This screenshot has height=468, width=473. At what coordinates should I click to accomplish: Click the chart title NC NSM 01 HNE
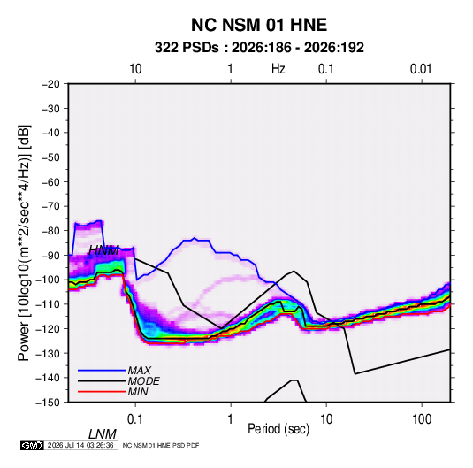pos(259,25)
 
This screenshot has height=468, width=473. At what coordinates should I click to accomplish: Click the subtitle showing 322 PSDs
pos(259,48)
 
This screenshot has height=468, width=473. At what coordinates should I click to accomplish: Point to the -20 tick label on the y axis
pos(51,84)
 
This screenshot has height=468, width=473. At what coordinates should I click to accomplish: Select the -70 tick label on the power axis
pos(51,206)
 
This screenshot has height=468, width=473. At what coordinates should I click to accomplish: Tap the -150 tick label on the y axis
pos(48,403)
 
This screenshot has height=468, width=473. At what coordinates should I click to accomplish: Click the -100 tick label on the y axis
pos(48,280)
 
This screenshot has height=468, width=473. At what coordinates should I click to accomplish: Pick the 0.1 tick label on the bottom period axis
pos(135,419)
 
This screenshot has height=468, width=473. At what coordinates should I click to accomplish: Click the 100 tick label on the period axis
pos(422,419)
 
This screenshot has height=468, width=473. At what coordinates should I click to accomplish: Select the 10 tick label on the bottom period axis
pos(326,419)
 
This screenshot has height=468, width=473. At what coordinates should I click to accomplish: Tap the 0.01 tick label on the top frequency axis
pos(421,69)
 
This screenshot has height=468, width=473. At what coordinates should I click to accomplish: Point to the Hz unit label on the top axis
pos(278,69)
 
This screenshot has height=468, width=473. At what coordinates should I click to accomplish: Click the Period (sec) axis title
pos(278,429)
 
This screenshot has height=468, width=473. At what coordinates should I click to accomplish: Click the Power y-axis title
pos(24,242)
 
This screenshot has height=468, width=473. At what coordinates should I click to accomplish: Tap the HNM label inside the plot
pos(103,250)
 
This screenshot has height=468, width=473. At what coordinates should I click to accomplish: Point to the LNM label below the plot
pos(102,434)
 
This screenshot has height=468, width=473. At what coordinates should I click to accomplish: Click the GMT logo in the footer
pos(33,445)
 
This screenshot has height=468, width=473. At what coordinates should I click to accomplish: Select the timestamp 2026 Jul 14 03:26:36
pos(80,445)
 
